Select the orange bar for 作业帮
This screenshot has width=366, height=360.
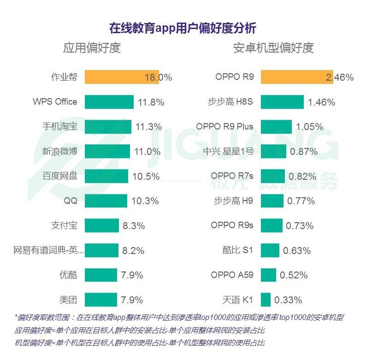coord(122,77)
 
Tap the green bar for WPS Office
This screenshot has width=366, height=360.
coord(109,102)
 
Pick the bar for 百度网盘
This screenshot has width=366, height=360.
coord(106,176)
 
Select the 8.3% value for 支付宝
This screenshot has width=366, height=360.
coord(134,226)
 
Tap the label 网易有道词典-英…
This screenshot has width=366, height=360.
coord(48,250)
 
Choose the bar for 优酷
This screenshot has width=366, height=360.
coord(101,275)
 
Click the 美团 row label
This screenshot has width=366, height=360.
coord(68,300)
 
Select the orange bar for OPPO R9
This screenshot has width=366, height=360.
coord(297,77)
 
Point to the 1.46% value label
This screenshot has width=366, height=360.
coord(321,102)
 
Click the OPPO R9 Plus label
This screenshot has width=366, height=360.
coord(224,126)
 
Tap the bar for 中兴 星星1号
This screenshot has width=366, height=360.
coord(273,151)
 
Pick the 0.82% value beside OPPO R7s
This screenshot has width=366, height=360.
coord(302,176)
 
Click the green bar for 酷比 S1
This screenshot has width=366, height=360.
coord(270,250)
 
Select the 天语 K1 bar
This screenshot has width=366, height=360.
coord(266,300)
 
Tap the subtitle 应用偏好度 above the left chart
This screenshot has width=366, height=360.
coord(92,48)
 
